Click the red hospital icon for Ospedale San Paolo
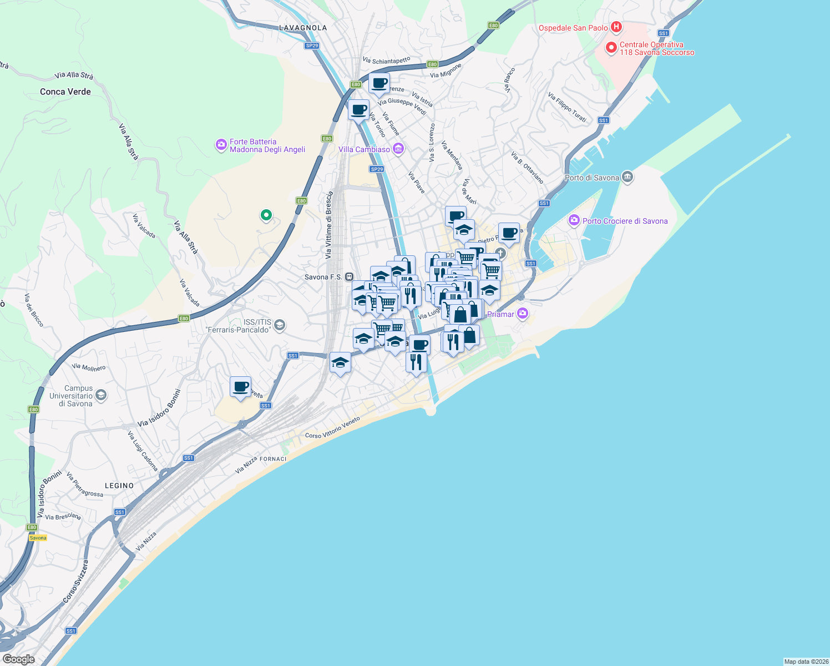pyautogui.click(x=616, y=27)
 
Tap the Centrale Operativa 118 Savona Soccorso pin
pyautogui.click(x=611, y=48)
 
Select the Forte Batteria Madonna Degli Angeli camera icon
pyautogui.click(x=221, y=145)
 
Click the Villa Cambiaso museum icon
pyautogui.click(x=398, y=149)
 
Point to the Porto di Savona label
pyautogui.click(x=591, y=178)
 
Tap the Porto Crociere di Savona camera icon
pyautogui.click(x=574, y=220)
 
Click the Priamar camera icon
pyautogui.click(x=522, y=314)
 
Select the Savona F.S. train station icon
pyautogui.click(x=349, y=276)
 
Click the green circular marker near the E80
pyautogui.click(x=266, y=215)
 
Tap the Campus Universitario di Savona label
pyautogui.click(x=71, y=396)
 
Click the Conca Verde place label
pyautogui.click(x=65, y=92)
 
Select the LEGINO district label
pyautogui.click(x=119, y=486)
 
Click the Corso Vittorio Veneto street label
pyautogui.click(x=332, y=428)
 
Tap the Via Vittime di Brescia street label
pyautogui.click(x=329, y=225)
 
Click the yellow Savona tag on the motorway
pyautogui.click(x=38, y=538)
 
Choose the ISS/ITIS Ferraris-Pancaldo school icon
pyautogui.click(x=280, y=325)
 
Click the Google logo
pyautogui.click(x=19, y=659)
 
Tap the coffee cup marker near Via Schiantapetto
pyautogui.click(x=379, y=84)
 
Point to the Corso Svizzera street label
pyautogui.click(x=75, y=581)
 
